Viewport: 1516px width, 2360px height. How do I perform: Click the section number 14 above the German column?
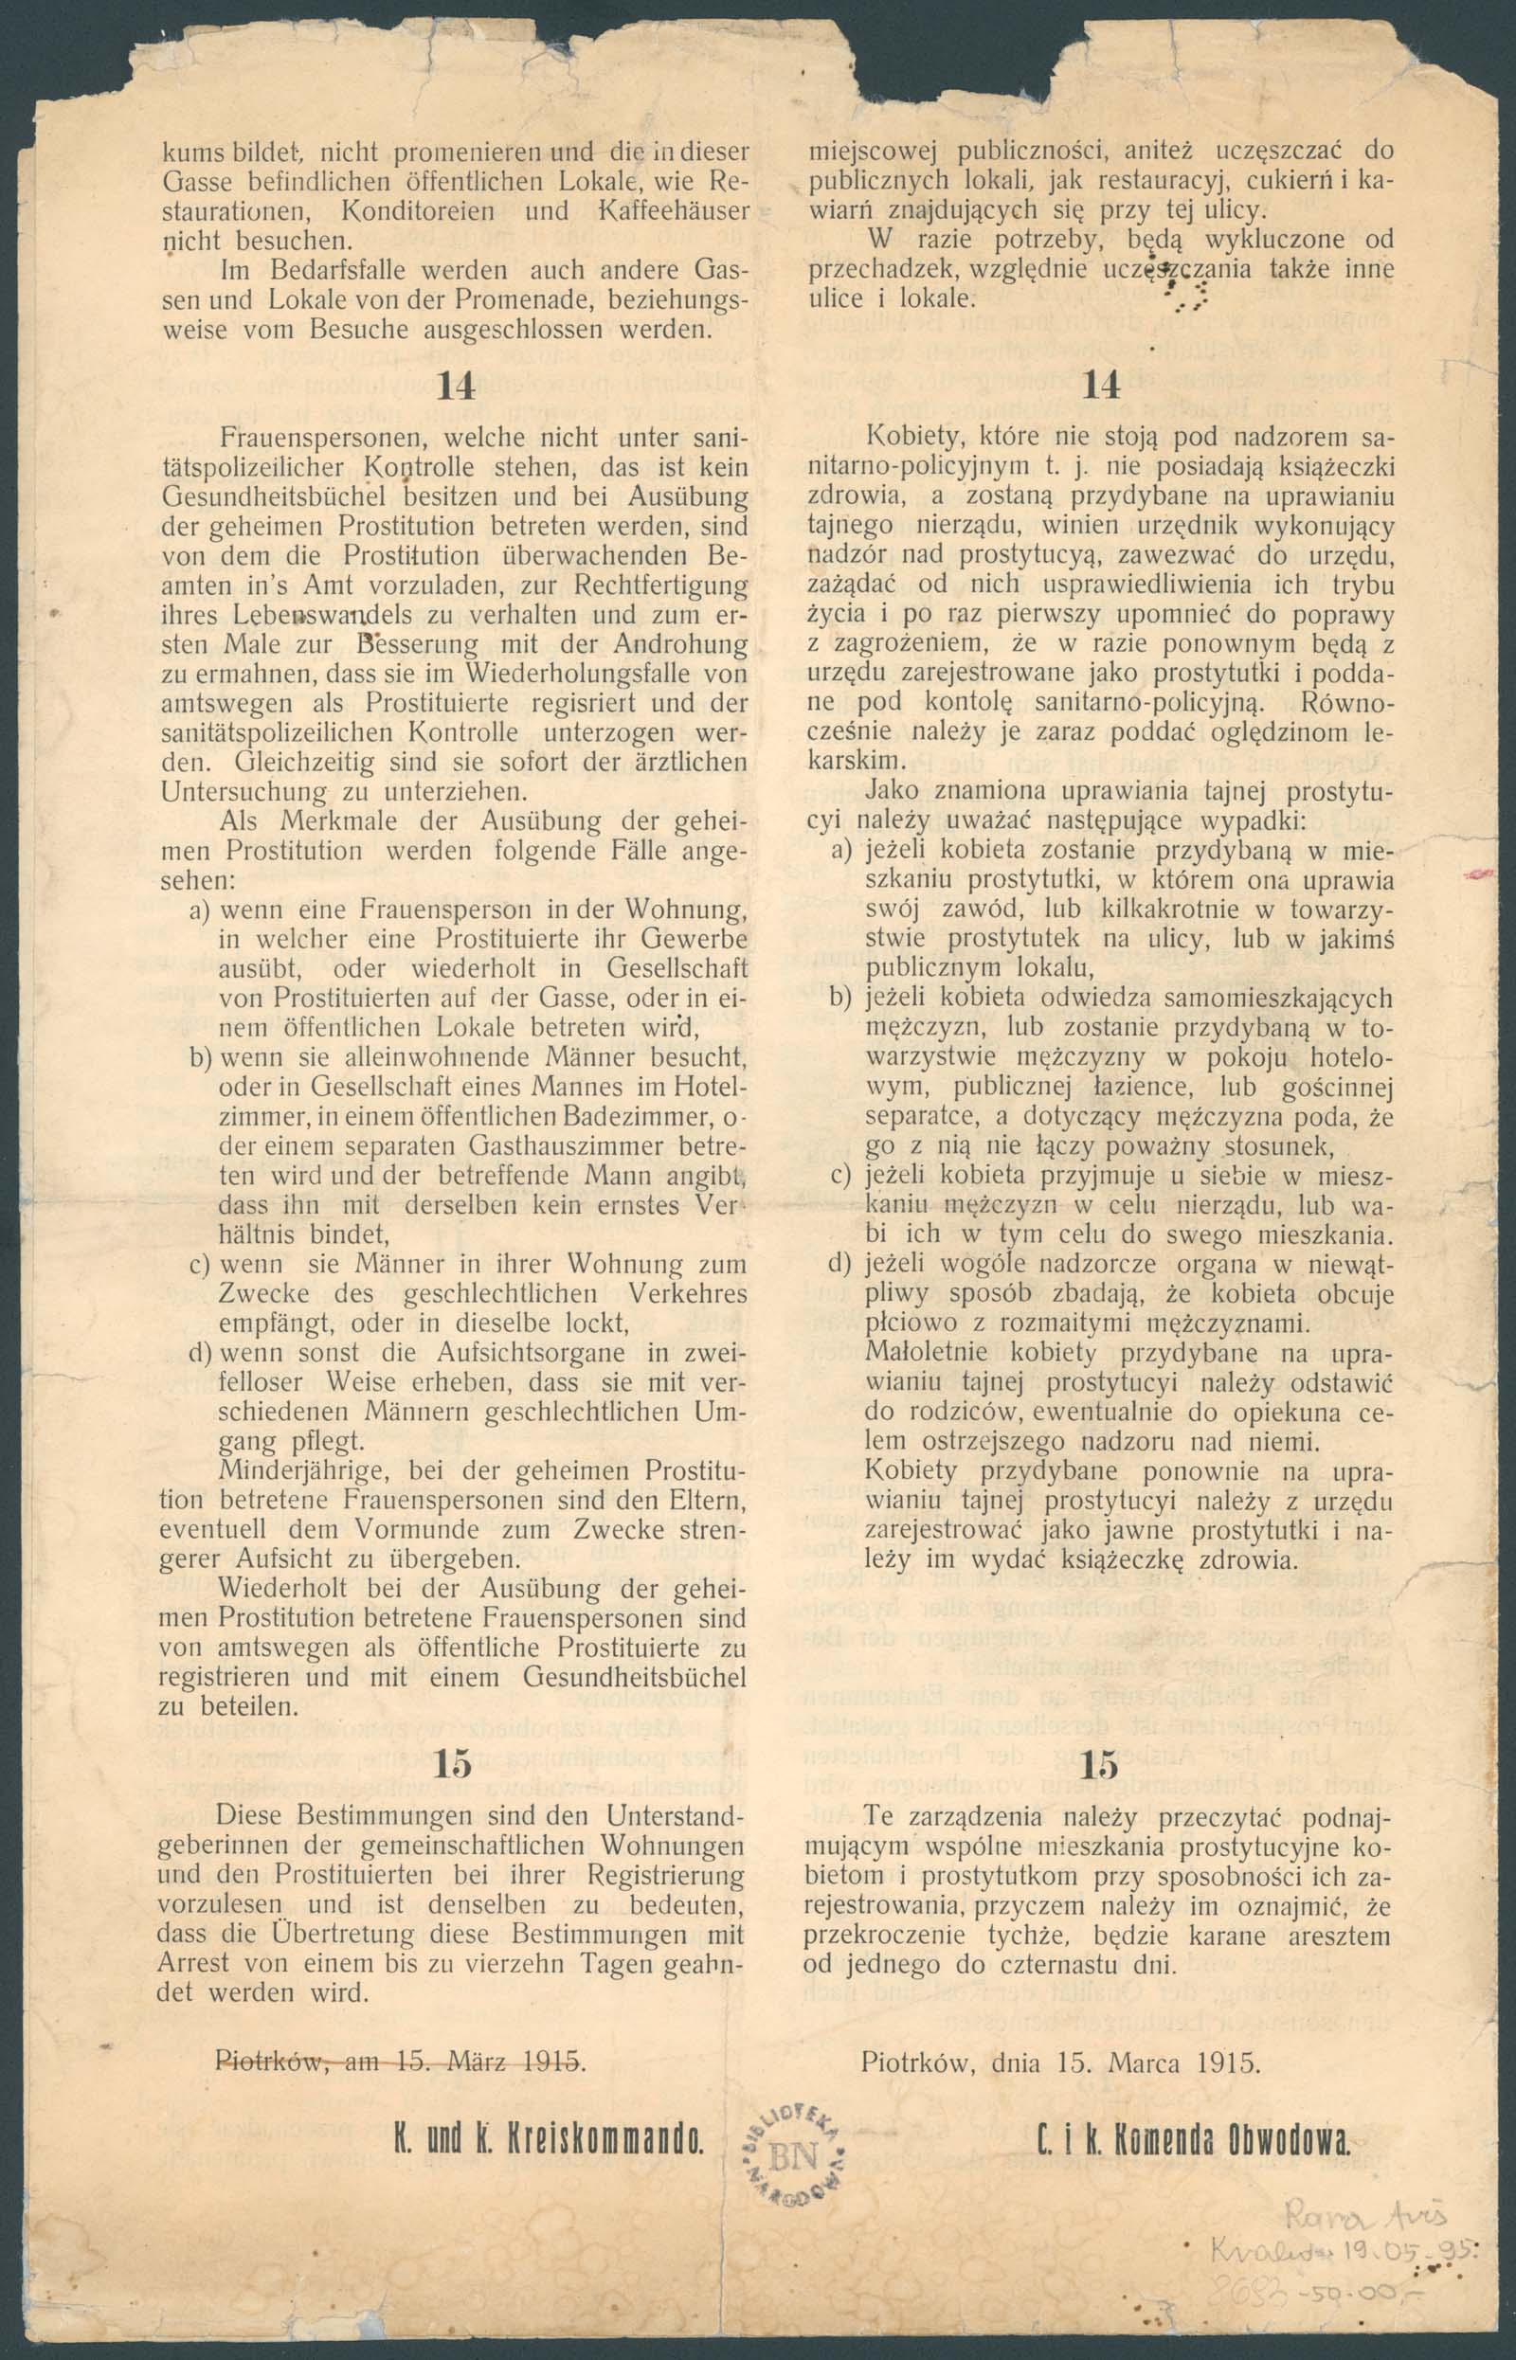(x=455, y=387)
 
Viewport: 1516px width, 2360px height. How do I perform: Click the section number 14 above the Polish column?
(x=1101, y=386)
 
